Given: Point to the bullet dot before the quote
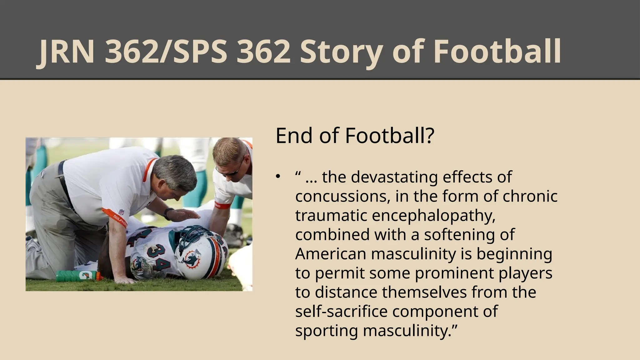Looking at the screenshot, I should tap(278, 177).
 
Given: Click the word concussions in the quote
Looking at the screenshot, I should tap(342, 197).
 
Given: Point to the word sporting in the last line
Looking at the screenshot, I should tap(327, 331).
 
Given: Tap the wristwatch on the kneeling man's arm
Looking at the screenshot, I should tap(168, 213).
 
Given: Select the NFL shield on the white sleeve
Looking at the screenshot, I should tap(121, 212).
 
